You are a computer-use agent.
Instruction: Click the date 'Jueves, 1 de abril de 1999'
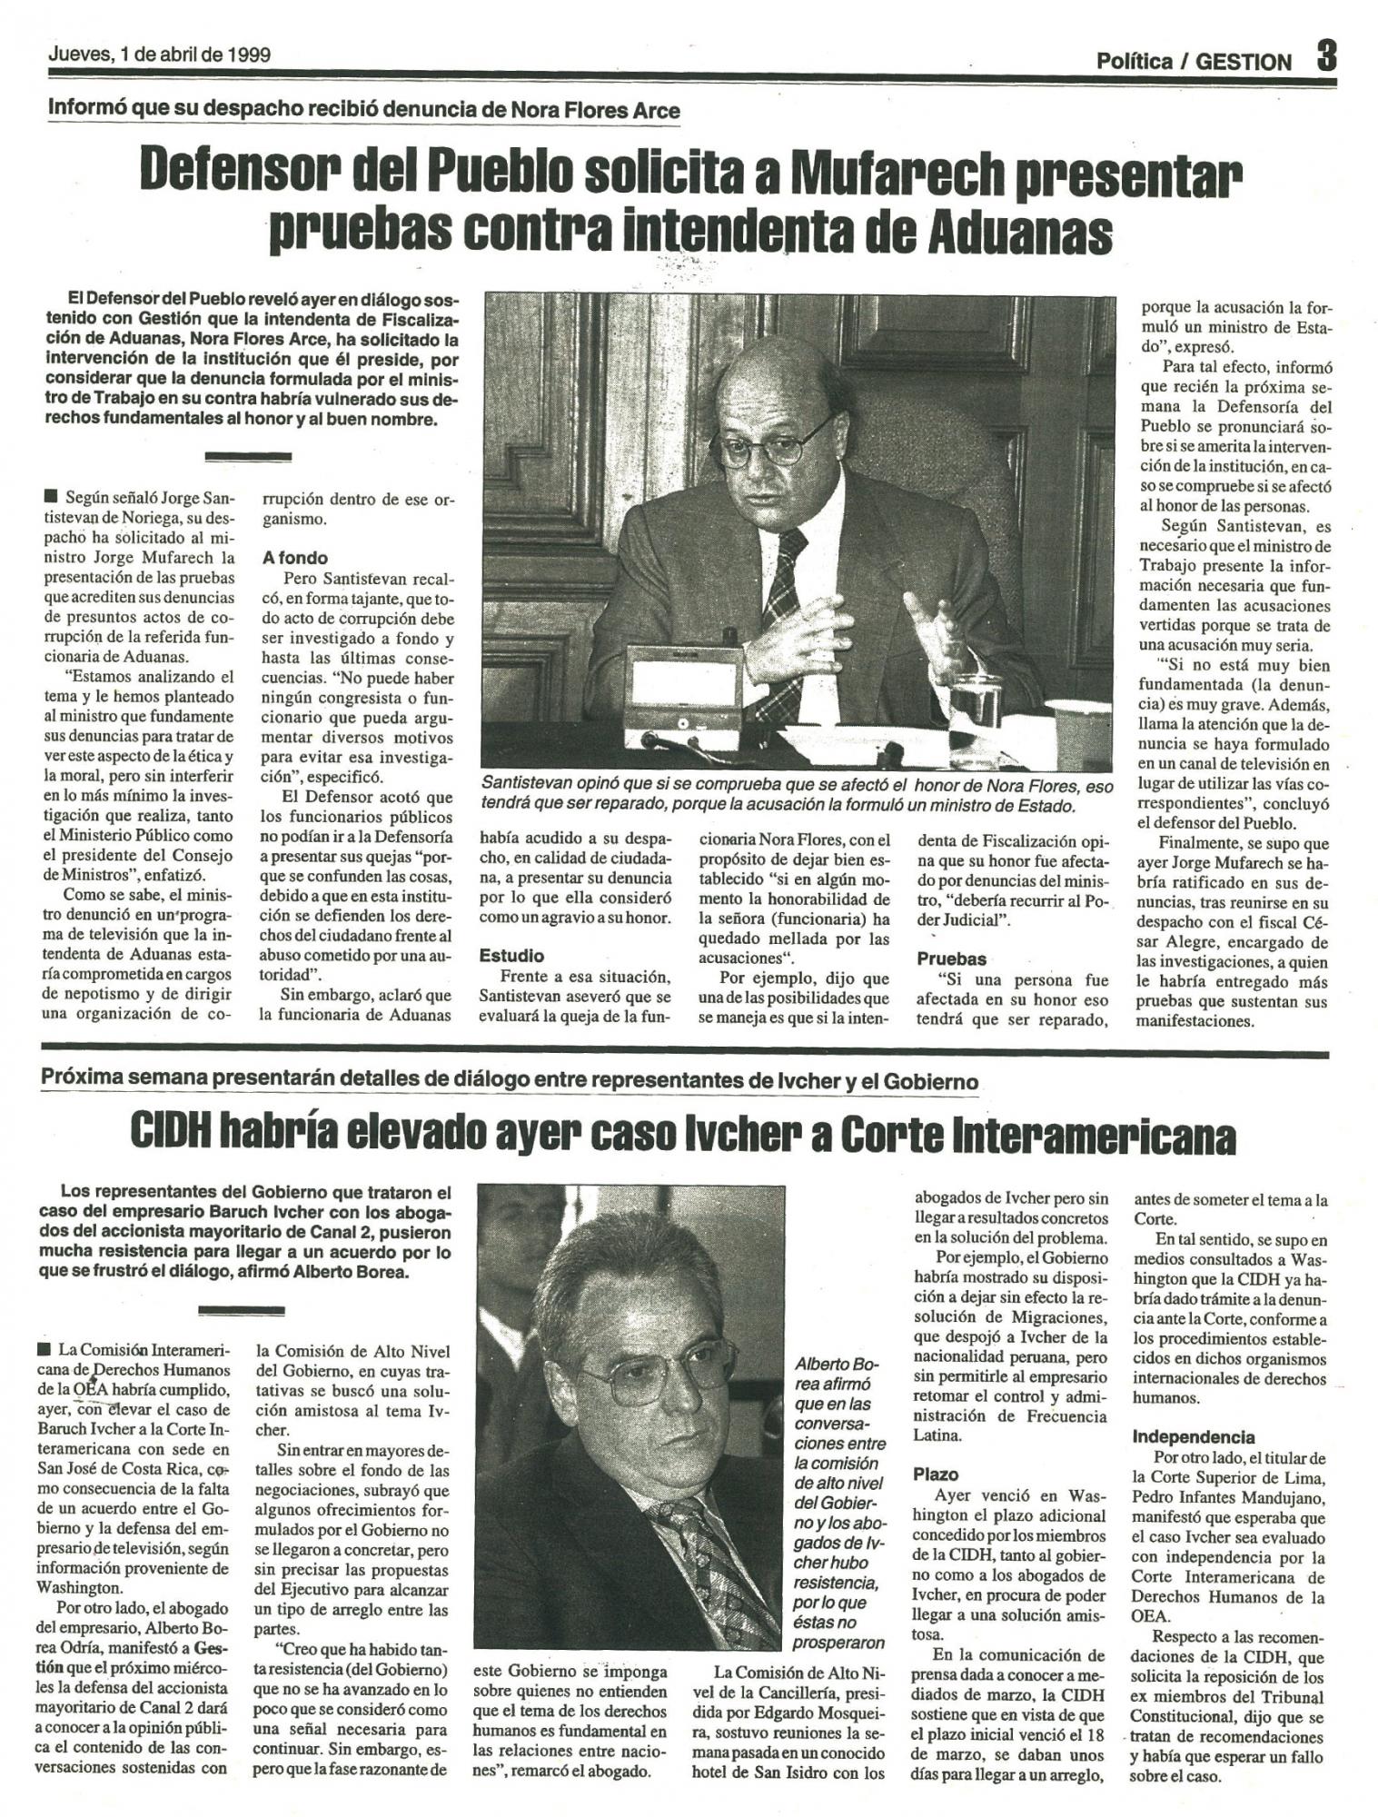(159, 54)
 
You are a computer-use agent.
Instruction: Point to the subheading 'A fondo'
(294, 558)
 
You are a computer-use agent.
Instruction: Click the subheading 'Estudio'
(511, 956)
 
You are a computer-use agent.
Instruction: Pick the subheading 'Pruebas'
(951, 958)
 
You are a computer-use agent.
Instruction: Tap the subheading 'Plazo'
(936, 1474)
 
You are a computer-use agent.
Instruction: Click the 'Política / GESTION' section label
(1194, 61)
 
